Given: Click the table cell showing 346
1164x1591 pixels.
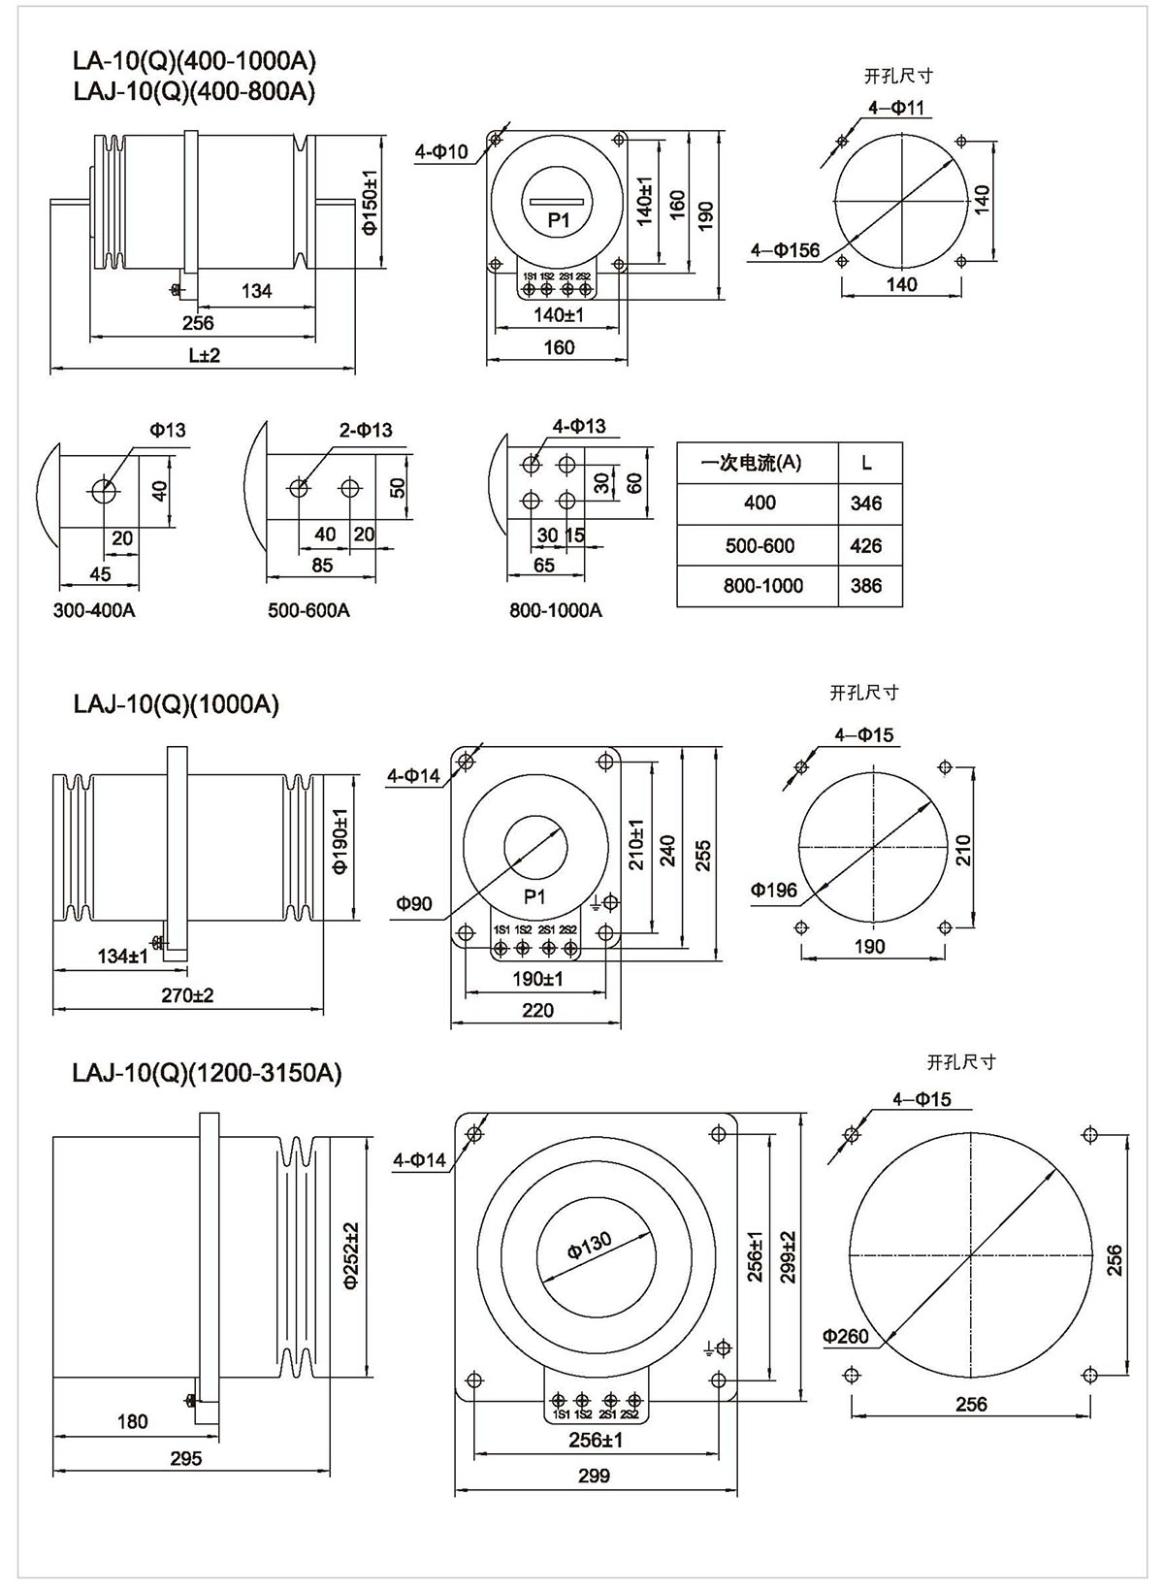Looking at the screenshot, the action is coord(865,503).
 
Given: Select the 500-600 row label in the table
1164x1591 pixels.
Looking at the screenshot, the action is coord(760,545).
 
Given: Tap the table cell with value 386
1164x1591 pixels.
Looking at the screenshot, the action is coord(865,586).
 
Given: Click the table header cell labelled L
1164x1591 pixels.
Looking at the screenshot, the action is coord(866,463).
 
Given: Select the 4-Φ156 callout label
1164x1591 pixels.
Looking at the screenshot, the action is coord(786,250).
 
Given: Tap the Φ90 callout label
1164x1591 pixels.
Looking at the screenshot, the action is coord(414,903).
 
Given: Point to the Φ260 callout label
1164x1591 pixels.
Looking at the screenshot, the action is coord(845,1336).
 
